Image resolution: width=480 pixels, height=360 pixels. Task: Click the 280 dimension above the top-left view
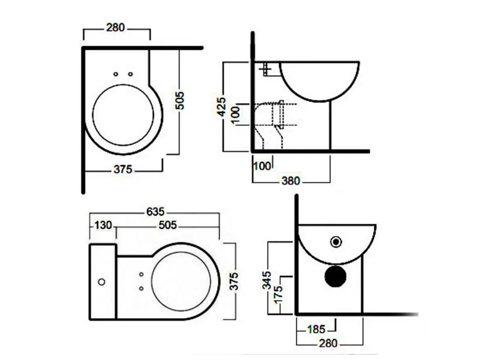[115, 28]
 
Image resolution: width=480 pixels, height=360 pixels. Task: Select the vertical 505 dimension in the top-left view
[179, 100]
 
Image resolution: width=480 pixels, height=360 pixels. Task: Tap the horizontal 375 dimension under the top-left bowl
[123, 169]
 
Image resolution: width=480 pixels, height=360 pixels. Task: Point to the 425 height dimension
[221, 107]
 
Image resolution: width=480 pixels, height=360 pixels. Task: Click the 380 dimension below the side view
[290, 181]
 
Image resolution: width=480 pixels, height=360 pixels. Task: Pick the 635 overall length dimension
[155, 212]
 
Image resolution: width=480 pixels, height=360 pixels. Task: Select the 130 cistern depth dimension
[103, 226]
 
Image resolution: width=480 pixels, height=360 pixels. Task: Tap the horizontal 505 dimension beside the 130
[168, 226]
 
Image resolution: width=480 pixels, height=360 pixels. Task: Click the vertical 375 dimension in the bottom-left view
[234, 281]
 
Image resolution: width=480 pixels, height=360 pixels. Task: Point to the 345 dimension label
[267, 280]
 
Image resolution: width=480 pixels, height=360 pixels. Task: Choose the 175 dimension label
[278, 295]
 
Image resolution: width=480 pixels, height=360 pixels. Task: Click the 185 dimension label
[316, 329]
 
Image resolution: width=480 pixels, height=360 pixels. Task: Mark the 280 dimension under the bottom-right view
[328, 343]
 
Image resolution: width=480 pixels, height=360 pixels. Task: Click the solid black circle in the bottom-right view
[335, 277]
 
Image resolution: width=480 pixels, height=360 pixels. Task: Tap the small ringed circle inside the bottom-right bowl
[336, 242]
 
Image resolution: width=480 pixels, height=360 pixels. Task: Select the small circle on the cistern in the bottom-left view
[101, 282]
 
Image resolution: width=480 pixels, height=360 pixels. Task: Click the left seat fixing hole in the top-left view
[116, 74]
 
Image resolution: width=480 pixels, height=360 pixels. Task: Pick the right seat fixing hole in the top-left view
[130, 74]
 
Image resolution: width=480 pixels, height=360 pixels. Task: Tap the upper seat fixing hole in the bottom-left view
[141, 274]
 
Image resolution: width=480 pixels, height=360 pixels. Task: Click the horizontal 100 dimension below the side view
[262, 166]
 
